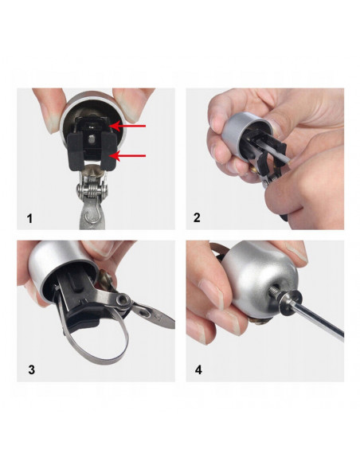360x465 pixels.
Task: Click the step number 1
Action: pos(29,219)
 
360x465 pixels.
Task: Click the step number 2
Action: pos(197,217)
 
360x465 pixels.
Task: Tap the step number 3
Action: pos(31,369)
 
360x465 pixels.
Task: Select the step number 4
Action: pos(198,369)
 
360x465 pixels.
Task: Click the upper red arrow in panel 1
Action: pos(127,126)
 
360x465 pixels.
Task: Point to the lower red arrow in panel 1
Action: pos(129,156)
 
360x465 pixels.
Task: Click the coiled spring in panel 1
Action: pos(92,190)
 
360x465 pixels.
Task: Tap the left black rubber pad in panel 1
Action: pos(76,151)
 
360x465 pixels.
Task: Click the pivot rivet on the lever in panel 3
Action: pos(122,300)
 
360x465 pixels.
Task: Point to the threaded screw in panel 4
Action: pos(276,293)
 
